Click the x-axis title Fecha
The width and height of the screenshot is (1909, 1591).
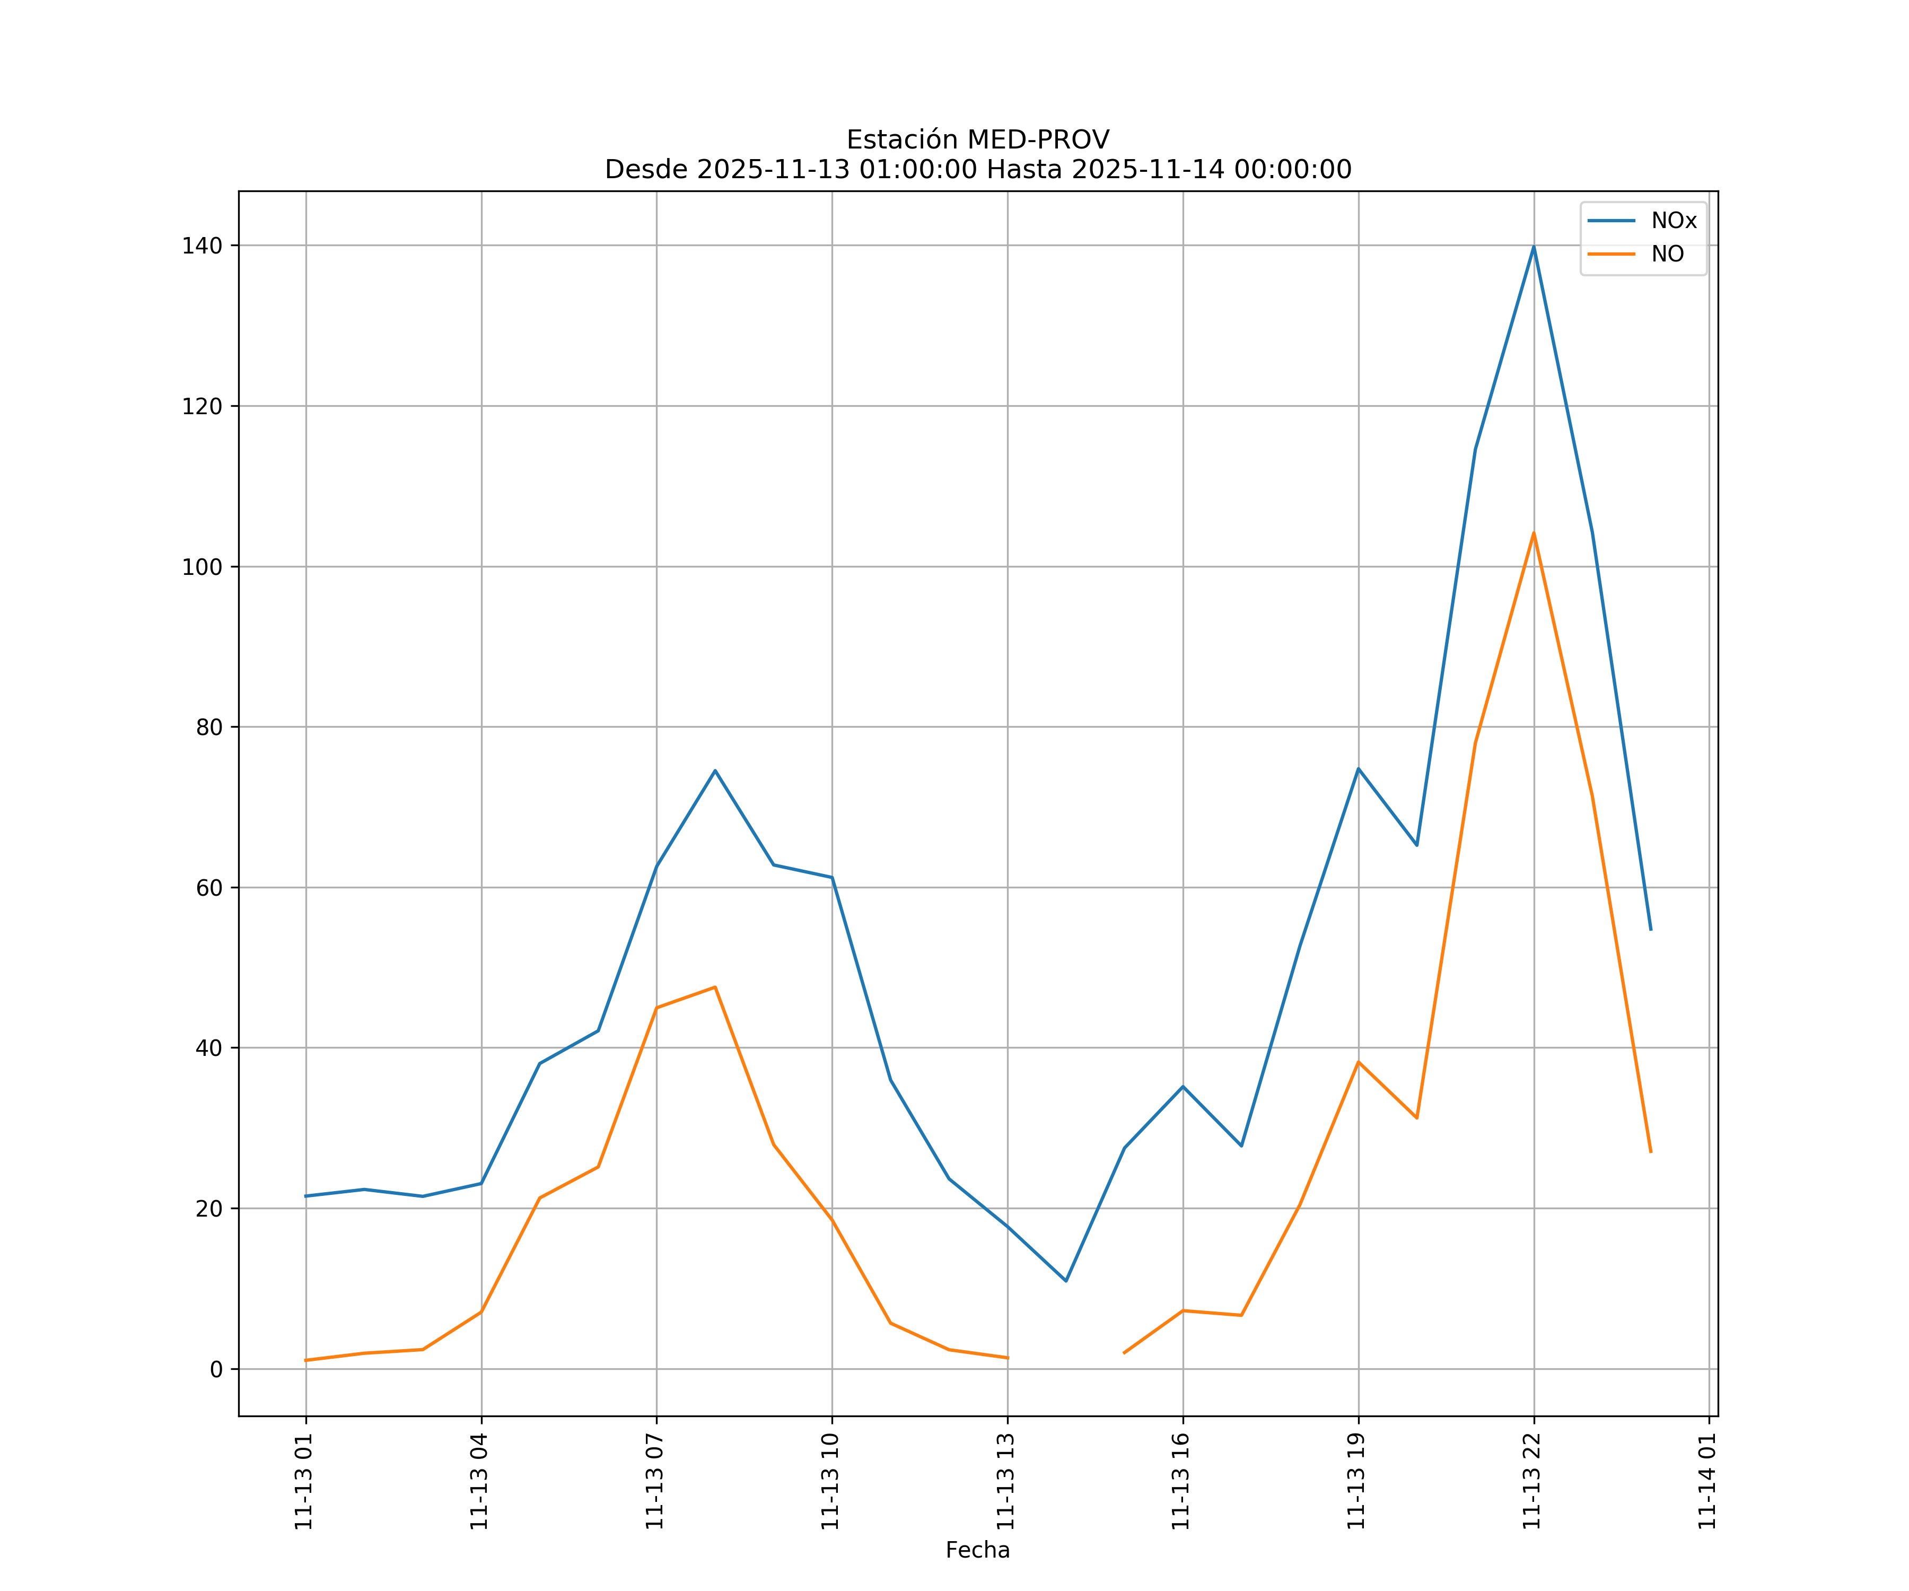coord(977,1550)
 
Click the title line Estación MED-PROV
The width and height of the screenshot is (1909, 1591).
coord(977,140)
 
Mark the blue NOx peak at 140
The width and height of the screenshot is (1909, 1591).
coord(1534,247)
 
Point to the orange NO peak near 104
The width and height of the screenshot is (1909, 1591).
coord(1534,534)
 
